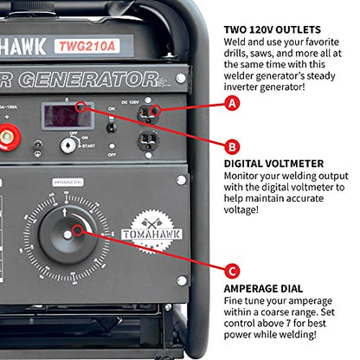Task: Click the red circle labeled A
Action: coord(231,103)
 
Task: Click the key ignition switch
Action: coord(67,146)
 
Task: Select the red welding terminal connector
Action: coord(12,135)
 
